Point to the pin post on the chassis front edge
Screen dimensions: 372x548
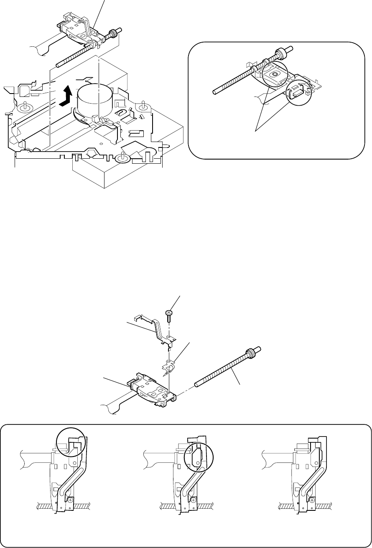[123, 157]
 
